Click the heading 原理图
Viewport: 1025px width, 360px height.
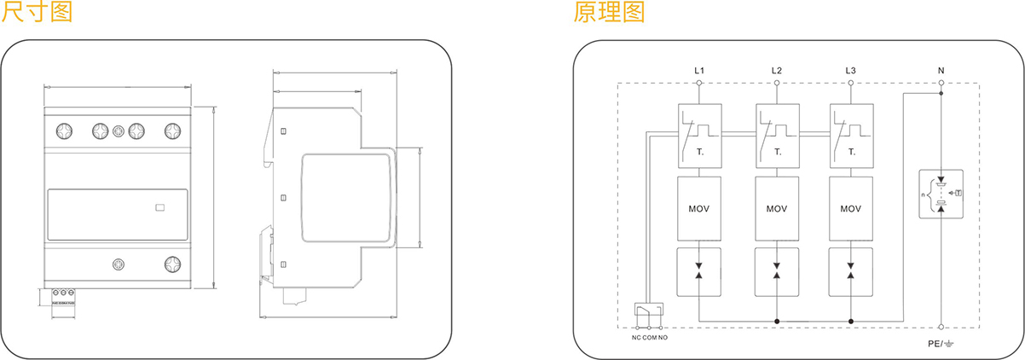pyautogui.click(x=609, y=12)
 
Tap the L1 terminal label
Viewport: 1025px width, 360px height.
pyautogui.click(x=699, y=70)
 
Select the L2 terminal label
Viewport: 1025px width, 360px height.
pyautogui.click(x=776, y=70)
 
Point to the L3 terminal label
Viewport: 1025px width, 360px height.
pyautogui.click(x=850, y=70)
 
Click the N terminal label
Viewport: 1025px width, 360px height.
pyautogui.click(x=941, y=70)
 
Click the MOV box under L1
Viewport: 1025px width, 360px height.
pyautogui.click(x=699, y=209)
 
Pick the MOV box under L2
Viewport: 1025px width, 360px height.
pyautogui.click(x=776, y=209)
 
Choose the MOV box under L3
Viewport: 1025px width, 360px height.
pyautogui.click(x=850, y=209)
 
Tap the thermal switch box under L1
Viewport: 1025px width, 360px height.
pyautogui.click(x=699, y=135)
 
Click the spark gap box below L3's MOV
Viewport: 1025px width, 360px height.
pyautogui.click(x=850, y=270)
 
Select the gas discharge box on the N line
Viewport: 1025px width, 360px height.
pyautogui.click(x=941, y=195)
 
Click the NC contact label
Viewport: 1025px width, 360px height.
pyautogui.click(x=635, y=338)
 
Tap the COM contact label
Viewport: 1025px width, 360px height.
pyautogui.click(x=650, y=338)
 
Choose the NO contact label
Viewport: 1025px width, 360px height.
pyautogui.click(x=663, y=338)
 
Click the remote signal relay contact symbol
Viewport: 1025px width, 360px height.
pyautogui.click(x=648, y=314)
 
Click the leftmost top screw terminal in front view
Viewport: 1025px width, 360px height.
pyautogui.click(x=63, y=131)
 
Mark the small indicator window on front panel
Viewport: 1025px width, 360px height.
pyautogui.click(x=159, y=206)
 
